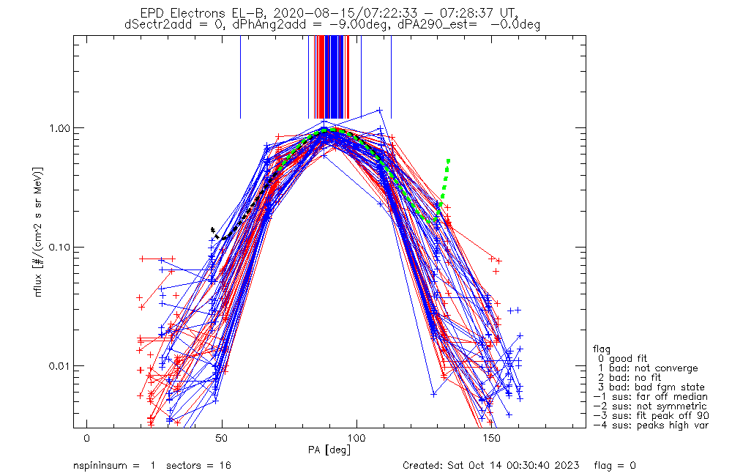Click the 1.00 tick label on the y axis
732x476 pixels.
coord(59,127)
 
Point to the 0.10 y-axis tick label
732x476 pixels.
coord(59,247)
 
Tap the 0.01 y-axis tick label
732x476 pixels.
coord(59,365)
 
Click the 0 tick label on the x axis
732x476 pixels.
coord(87,438)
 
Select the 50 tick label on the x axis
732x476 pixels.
coord(222,438)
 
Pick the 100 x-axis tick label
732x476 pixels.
coord(356,438)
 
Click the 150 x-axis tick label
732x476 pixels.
coord(492,438)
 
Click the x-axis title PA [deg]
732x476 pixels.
coord(329,450)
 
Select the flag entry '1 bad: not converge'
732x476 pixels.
coord(648,368)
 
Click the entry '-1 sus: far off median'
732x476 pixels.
coord(650,397)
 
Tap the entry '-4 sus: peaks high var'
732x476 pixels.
coord(651,425)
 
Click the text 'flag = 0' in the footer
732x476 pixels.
coord(615,465)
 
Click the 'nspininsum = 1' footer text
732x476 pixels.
coord(114,465)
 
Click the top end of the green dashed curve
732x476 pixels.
coord(448,160)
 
